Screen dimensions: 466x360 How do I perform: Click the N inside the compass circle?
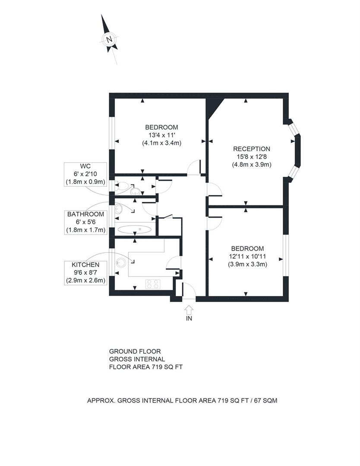[109, 40]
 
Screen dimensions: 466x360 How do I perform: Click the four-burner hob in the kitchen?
[153, 284]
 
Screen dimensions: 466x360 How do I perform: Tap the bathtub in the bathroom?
[134, 230]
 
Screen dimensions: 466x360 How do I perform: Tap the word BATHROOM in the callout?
[85, 214]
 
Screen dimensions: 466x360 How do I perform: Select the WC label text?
[85, 166]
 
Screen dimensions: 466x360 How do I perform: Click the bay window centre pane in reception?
[297, 149]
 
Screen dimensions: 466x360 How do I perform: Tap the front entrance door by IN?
[189, 290]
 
